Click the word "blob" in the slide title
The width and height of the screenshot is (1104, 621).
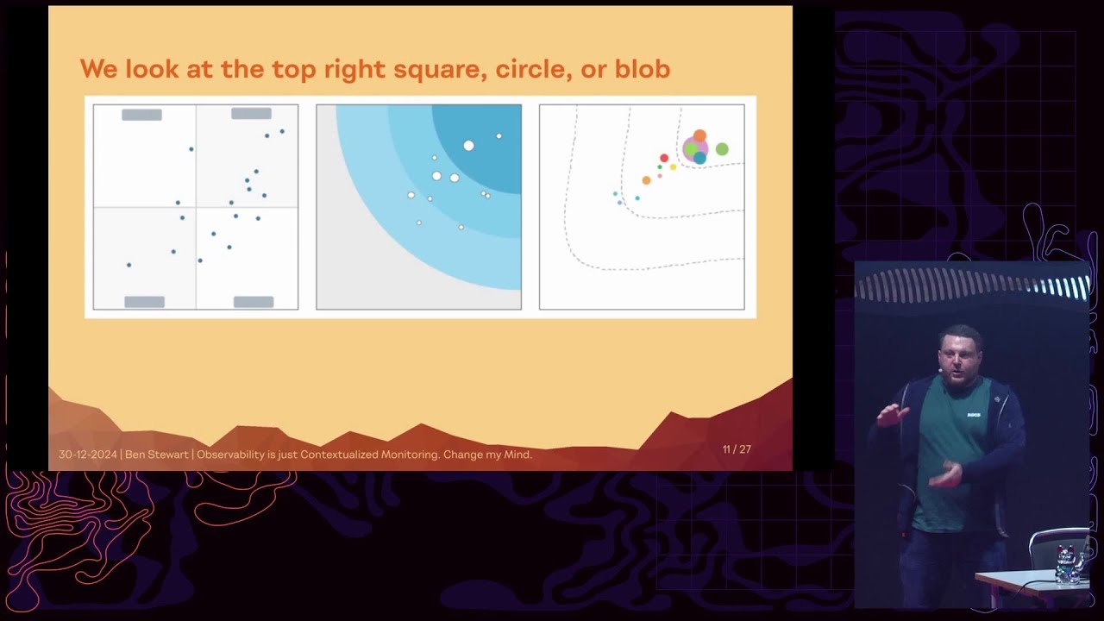click(642, 69)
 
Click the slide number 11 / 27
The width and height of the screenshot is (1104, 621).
click(737, 449)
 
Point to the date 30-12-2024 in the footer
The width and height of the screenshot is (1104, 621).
click(87, 455)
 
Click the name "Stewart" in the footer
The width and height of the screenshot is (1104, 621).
click(168, 455)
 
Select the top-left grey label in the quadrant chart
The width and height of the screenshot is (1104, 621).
click(141, 115)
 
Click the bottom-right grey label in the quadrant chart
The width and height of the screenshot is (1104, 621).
click(254, 302)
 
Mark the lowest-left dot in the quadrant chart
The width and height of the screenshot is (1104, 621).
click(129, 265)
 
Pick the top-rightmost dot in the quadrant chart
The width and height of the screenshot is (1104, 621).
click(282, 131)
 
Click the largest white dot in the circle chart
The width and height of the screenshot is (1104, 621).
click(468, 146)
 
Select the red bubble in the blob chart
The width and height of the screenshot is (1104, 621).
click(664, 158)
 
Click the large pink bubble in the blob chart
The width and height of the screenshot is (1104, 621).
click(694, 150)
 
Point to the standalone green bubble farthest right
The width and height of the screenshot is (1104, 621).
click(722, 149)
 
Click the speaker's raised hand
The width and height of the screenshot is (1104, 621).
click(888, 417)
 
